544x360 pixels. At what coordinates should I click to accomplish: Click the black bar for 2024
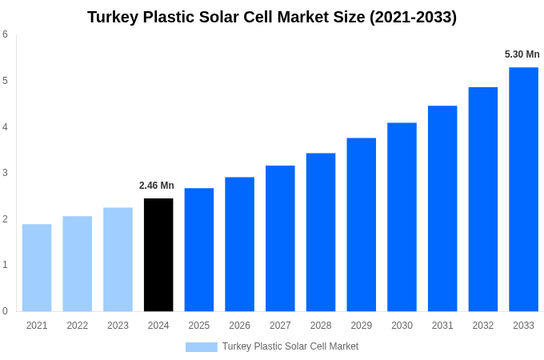click(x=158, y=254)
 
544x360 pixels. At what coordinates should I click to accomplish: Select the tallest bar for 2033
click(x=523, y=189)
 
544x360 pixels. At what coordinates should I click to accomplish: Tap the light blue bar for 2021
click(x=37, y=267)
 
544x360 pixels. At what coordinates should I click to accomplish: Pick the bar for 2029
click(x=361, y=224)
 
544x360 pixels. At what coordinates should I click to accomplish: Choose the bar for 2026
click(x=239, y=244)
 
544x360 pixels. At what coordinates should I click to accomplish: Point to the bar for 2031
click(x=442, y=208)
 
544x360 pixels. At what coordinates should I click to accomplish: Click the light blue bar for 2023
click(x=118, y=259)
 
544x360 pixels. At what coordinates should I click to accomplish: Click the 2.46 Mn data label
click(x=157, y=186)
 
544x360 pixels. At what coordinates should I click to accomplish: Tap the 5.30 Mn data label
click(x=522, y=54)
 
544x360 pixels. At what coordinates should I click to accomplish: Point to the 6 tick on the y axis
click(x=6, y=34)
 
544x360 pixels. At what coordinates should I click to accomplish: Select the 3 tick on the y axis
click(x=6, y=173)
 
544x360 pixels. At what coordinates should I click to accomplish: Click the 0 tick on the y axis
click(x=6, y=311)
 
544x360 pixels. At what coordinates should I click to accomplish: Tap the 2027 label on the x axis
click(x=280, y=326)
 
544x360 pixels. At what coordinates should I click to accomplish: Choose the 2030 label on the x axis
click(x=402, y=326)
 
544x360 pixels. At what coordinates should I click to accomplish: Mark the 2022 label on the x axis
click(x=78, y=326)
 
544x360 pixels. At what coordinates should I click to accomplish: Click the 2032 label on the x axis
click(x=483, y=326)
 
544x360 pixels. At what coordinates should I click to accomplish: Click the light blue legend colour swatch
click(x=201, y=346)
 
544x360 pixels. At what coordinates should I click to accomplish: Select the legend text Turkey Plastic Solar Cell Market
click(x=290, y=346)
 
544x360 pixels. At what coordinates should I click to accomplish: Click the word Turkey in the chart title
click(x=113, y=17)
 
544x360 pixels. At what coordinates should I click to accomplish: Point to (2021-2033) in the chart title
click(x=413, y=17)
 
